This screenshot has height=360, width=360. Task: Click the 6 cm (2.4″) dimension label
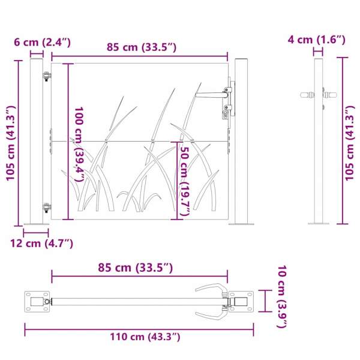42,43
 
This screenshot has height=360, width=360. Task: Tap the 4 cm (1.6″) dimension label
317,40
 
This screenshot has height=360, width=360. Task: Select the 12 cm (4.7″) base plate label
41,244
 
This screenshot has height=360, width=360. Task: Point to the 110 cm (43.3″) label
145,337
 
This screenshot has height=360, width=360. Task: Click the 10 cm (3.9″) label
283,297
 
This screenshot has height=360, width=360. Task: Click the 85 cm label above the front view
142,47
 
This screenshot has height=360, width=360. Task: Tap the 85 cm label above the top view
135,268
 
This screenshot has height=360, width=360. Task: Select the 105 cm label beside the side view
350,143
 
